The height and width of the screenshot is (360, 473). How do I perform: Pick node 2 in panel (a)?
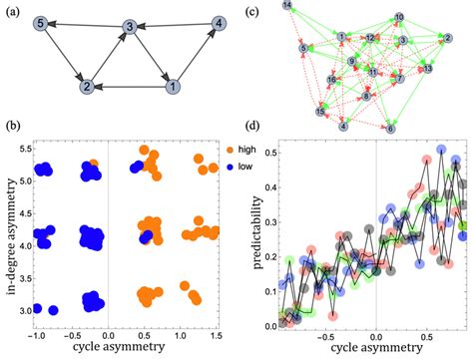coord(87,87)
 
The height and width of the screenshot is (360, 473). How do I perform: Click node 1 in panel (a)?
coord(176,87)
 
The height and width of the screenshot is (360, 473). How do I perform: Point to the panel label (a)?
coord(10,8)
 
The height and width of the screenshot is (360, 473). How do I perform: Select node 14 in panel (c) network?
coord(287,7)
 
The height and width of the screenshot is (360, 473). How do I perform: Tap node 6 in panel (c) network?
coord(390,129)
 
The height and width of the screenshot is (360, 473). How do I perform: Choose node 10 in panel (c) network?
coord(399,18)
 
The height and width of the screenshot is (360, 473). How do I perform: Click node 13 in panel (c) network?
coord(428,69)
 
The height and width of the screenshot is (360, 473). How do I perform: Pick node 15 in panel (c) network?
coord(320,113)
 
